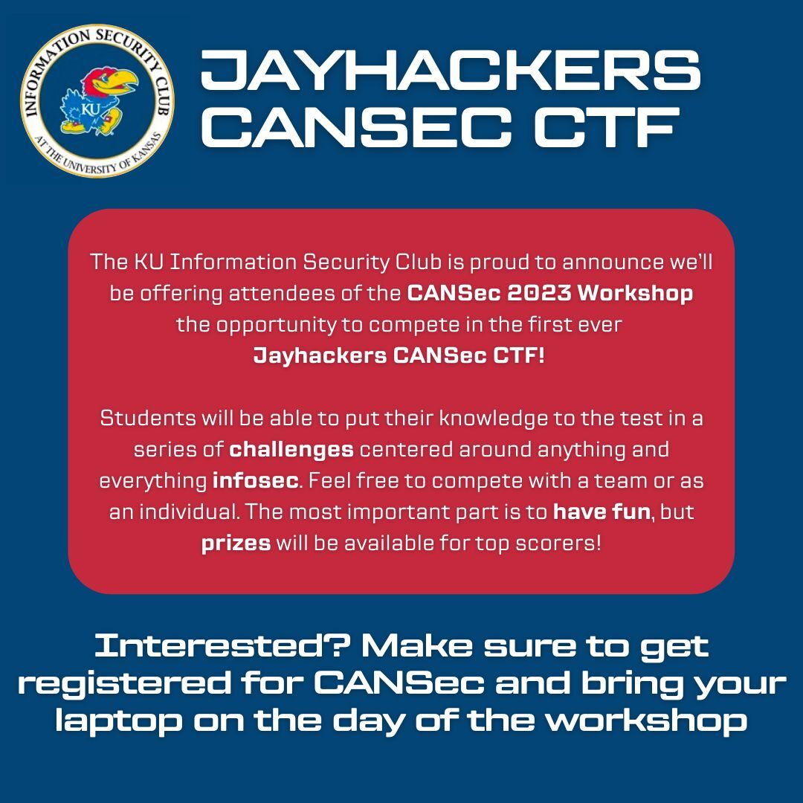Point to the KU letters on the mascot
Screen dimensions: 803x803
(91, 109)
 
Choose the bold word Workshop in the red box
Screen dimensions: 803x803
(636, 294)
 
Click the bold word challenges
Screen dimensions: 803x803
(291, 450)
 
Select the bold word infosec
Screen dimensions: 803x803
(256, 481)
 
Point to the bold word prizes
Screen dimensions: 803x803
(236, 544)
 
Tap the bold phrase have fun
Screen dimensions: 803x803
(602, 512)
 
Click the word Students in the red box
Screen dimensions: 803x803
(148, 419)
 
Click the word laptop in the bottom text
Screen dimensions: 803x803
(119, 722)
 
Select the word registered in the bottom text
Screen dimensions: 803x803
(125, 684)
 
